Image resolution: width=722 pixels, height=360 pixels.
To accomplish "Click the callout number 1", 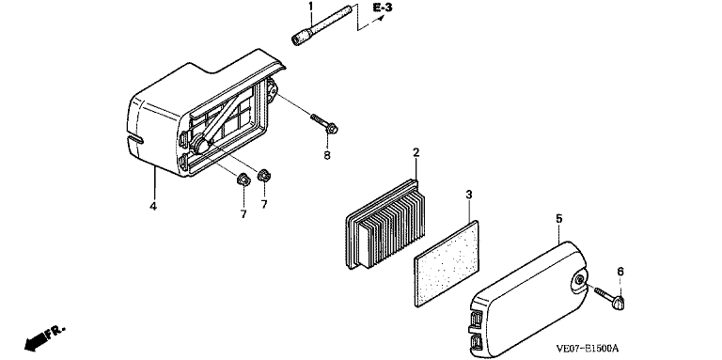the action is tap(310, 7).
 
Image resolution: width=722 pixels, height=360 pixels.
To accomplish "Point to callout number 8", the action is tap(327, 155).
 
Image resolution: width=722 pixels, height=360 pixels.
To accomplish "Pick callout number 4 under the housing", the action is tap(153, 206).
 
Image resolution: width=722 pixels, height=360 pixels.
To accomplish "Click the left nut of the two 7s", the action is tap(243, 179).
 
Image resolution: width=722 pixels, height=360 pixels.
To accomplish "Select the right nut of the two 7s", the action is tap(264, 175).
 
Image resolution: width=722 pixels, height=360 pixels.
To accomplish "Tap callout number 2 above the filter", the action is tap(416, 152).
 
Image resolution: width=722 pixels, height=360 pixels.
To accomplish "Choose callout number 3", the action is tap(469, 195).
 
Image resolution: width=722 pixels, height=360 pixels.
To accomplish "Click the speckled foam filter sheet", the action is tap(447, 264).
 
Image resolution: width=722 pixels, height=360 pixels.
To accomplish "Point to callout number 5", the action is tap(559, 219).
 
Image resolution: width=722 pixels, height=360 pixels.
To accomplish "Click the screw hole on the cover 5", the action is tap(580, 280).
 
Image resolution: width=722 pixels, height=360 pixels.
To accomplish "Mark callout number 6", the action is tap(620, 272).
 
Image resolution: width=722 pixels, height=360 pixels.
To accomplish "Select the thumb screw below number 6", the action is tap(610, 297).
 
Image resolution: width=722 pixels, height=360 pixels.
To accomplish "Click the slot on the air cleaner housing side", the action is tap(133, 138).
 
